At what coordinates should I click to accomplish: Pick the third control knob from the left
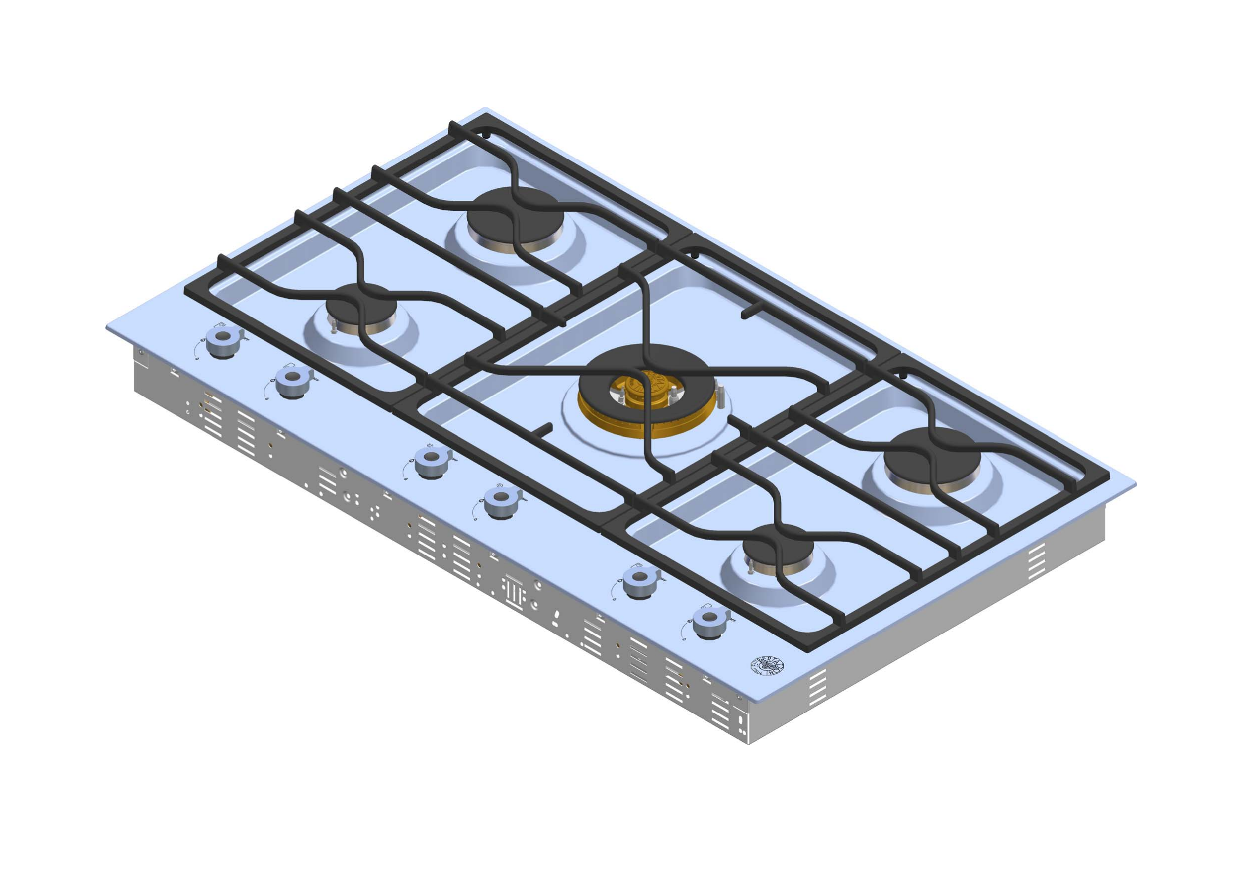click(430, 462)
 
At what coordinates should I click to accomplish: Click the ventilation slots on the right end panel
click(1036, 562)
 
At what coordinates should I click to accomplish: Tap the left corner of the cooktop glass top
click(107, 326)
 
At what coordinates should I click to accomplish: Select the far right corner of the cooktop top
click(1136, 484)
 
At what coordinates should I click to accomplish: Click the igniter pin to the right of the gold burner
click(722, 396)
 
